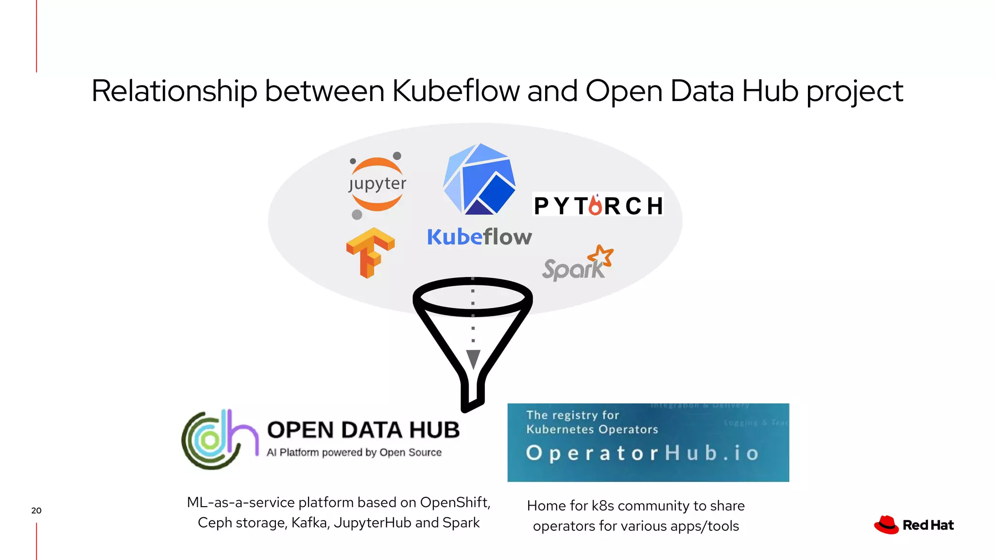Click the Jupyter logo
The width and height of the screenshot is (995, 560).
377,185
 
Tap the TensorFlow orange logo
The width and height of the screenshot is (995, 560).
370,252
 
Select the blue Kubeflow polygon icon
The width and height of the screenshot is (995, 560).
480,179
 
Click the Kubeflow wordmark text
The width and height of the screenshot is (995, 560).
480,237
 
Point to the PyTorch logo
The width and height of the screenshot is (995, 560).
598,205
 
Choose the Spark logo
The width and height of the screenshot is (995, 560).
577,264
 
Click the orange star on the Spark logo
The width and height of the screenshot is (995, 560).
601,256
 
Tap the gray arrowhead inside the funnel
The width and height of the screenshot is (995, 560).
473,359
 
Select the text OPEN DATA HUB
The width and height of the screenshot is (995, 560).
363,430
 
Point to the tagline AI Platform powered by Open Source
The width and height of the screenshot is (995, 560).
354,453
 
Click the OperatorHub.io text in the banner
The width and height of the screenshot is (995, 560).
642,453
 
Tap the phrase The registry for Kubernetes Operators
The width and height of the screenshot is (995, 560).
592,422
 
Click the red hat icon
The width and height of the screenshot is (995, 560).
887,525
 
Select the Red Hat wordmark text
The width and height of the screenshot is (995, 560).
928,525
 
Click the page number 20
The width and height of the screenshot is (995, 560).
36,510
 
